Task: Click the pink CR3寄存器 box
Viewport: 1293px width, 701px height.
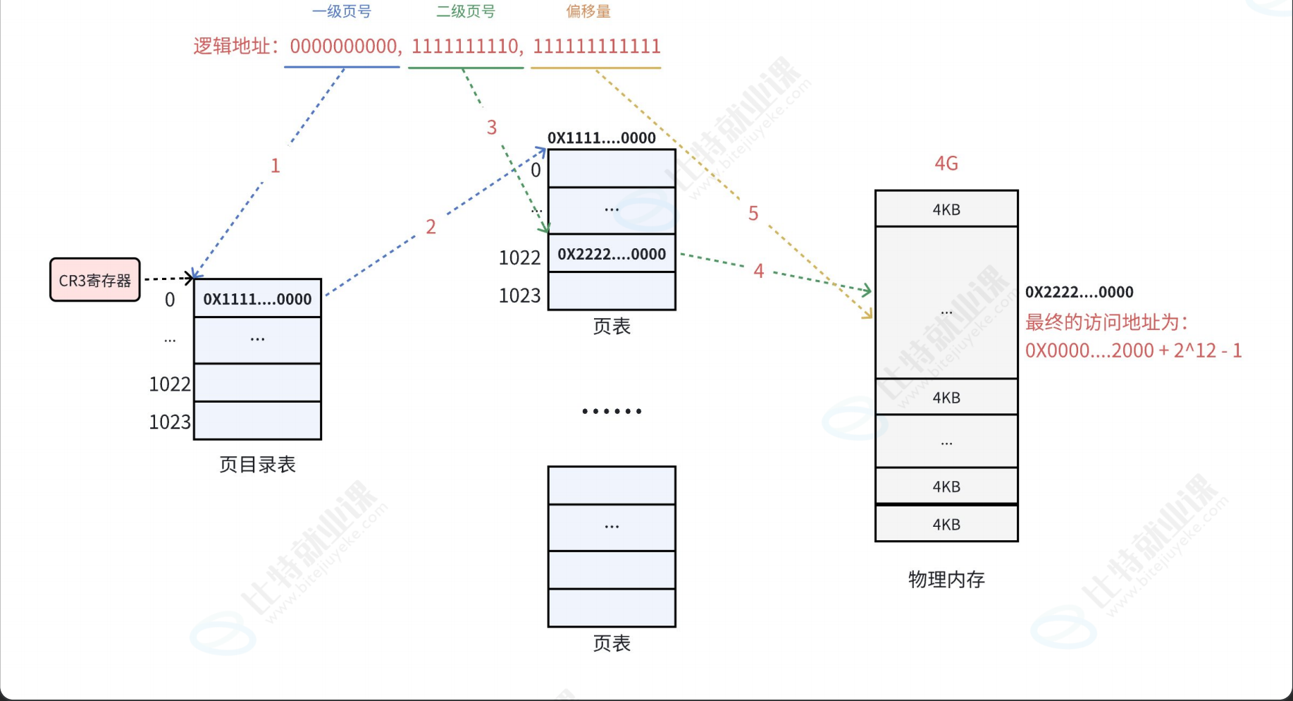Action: point(95,280)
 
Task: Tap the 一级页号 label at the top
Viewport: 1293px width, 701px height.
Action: point(342,12)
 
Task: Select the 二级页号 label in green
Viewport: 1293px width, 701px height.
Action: point(466,12)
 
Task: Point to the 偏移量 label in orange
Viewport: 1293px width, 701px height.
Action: point(588,12)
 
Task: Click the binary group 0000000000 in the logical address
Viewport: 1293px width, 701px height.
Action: point(344,47)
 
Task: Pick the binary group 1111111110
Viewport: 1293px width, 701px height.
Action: point(465,47)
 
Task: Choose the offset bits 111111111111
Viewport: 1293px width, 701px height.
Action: point(596,47)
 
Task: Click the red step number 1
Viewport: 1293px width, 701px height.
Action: point(276,166)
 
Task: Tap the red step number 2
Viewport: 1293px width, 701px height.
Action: point(431,227)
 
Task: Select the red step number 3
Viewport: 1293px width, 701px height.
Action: point(492,128)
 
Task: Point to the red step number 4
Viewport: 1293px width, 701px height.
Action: point(759,271)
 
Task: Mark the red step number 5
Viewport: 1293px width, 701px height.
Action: point(753,214)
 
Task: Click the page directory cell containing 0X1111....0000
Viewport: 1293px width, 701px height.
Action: point(257,299)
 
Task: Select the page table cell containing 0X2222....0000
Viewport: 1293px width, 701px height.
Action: point(612,254)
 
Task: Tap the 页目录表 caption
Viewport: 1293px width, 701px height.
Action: point(257,465)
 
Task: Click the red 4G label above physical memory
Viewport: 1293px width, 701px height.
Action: point(946,164)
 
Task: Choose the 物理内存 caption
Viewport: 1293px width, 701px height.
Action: point(946,580)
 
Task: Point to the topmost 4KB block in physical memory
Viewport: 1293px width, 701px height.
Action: point(946,209)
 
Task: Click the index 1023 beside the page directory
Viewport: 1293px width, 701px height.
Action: point(169,422)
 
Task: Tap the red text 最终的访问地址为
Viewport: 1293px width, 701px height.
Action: point(1106,322)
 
